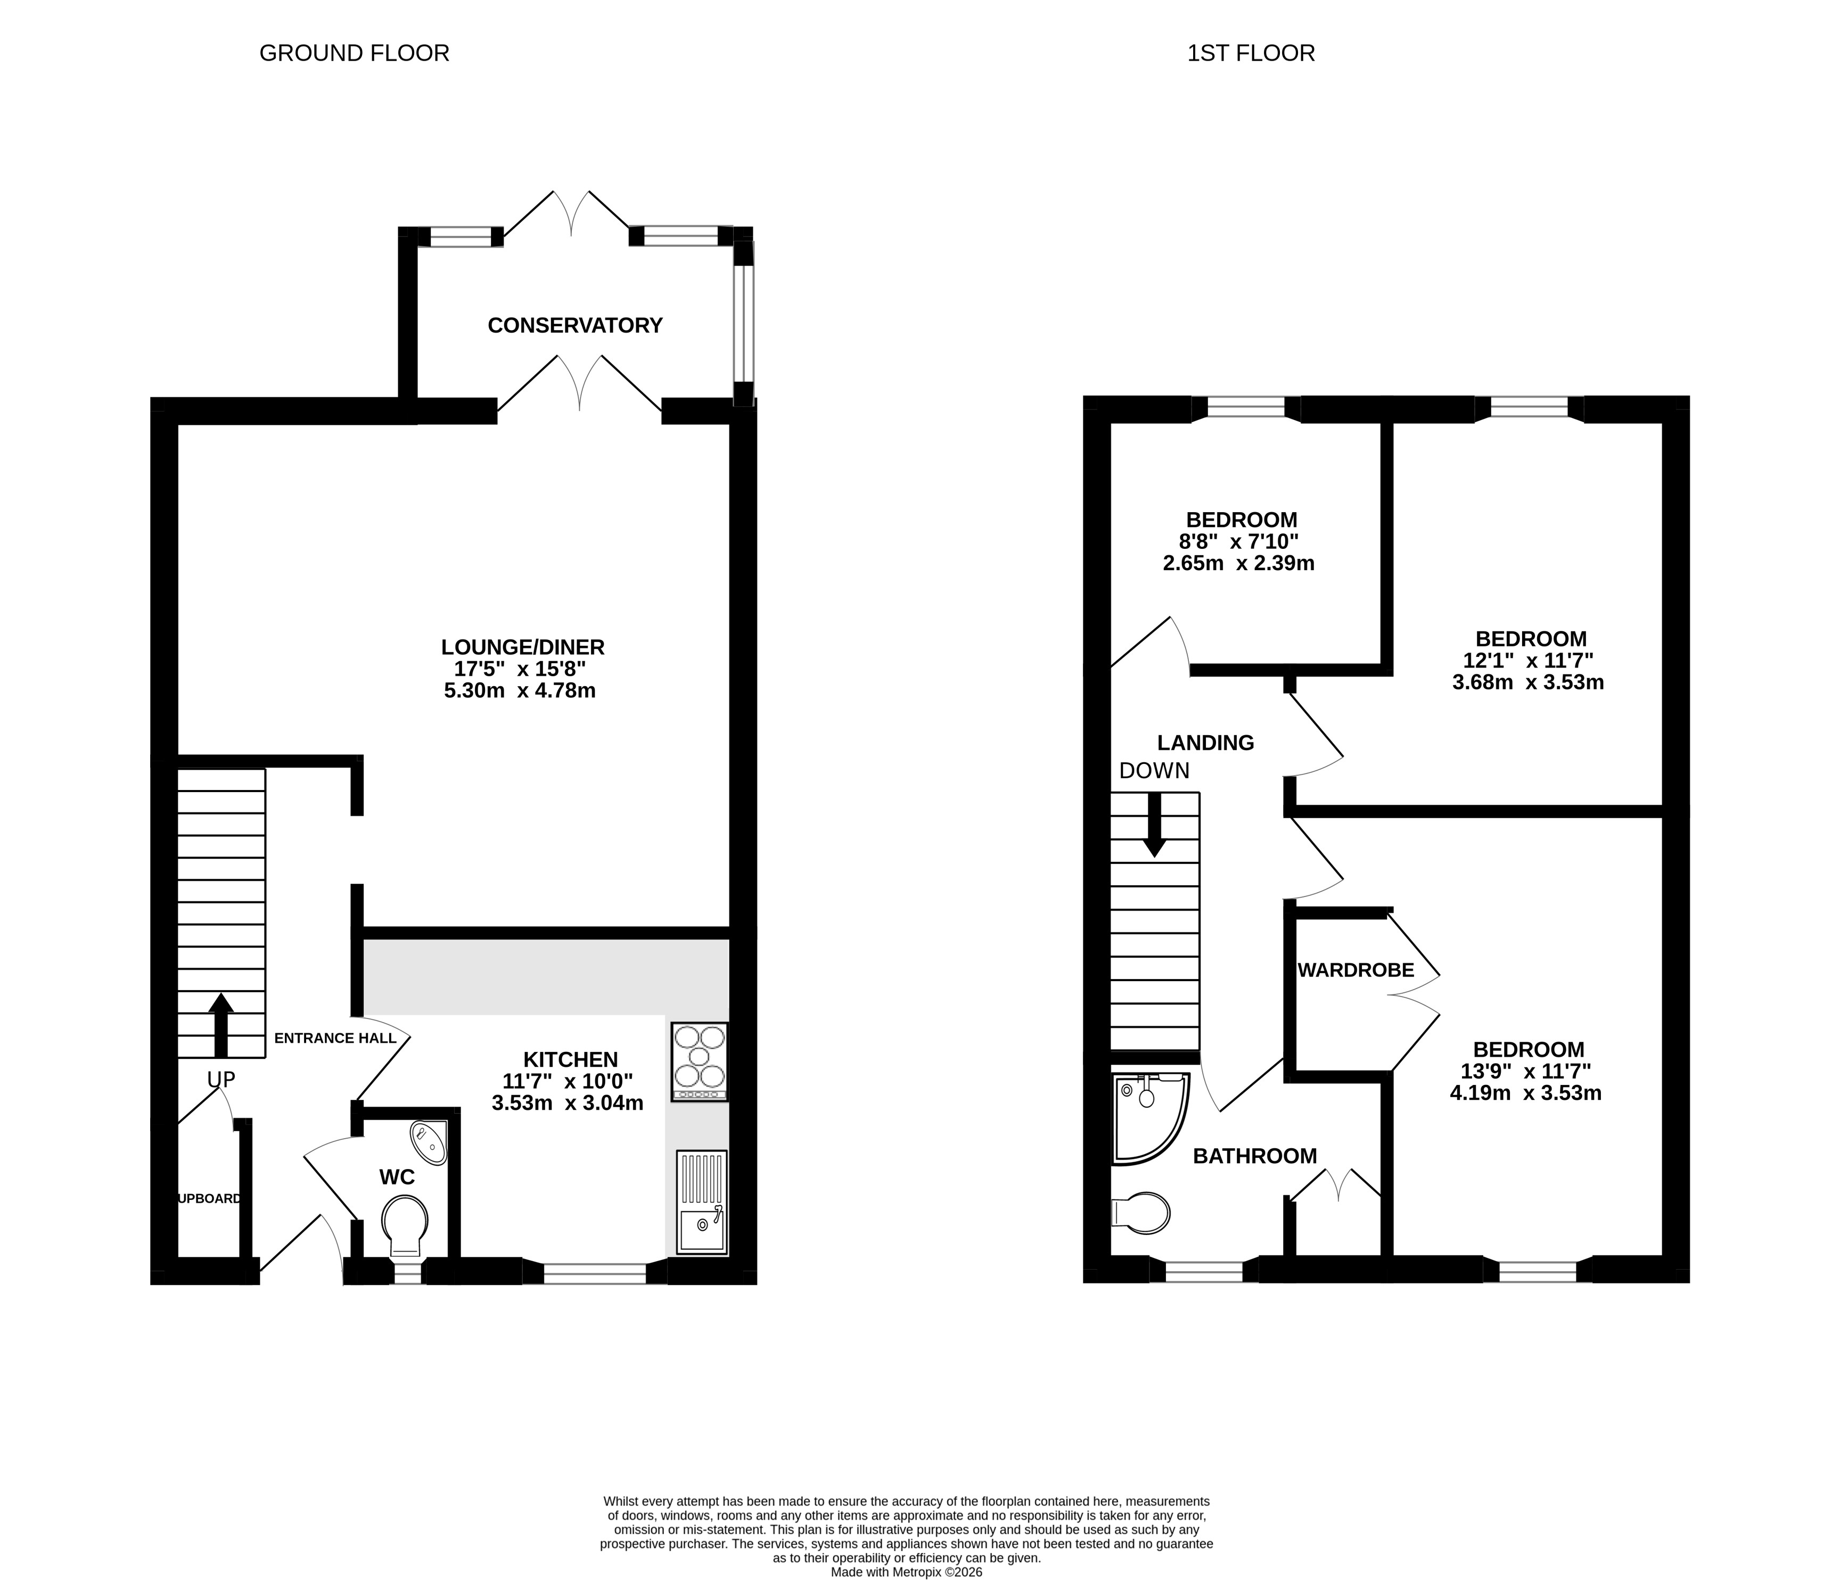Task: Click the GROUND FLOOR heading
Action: pyautogui.click(x=355, y=53)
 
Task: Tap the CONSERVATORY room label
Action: pyautogui.click(x=576, y=325)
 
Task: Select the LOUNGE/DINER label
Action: pyautogui.click(x=523, y=647)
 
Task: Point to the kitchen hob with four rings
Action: pyautogui.click(x=700, y=1061)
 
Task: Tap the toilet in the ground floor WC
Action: pyautogui.click(x=404, y=1225)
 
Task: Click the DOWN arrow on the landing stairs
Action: pyautogui.click(x=1154, y=824)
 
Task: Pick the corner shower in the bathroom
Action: pyautogui.click(x=1149, y=1118)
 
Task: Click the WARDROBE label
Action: pyautogui.click(x=1356, y=970)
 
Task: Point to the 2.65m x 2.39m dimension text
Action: pyautogui.click(x=1239, y=563)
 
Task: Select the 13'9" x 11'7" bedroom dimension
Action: pyautogui.click(x=1526, y=1071)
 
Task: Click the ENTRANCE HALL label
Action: pyautogui.click(x=335, y=1038)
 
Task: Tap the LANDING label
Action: pyautogui.click(x=1206, y=743)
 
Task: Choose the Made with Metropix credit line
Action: pyautogui.click(x=907, y=1572)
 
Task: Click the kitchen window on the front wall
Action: pyautogui.click(x=594, y=1273)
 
